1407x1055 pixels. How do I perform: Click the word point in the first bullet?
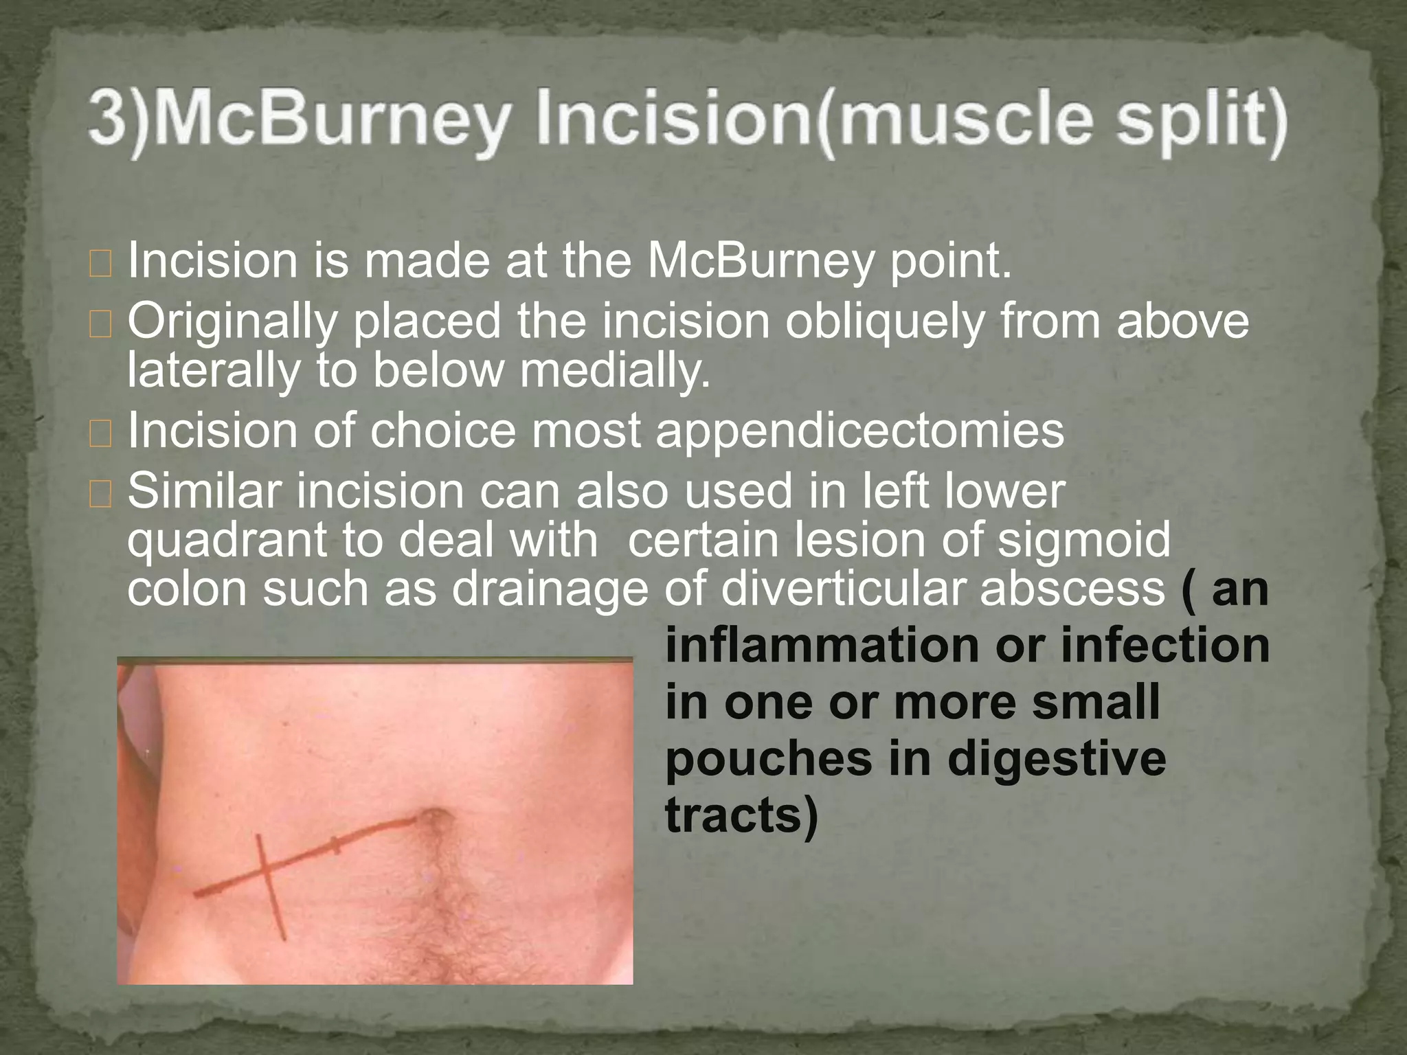click(x=951, y=262)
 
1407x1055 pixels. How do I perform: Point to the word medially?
click(x=614, y=370)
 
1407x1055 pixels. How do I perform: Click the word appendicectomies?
click(x=859, y=431)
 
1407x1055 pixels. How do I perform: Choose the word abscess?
click(x=1072, y=589)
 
